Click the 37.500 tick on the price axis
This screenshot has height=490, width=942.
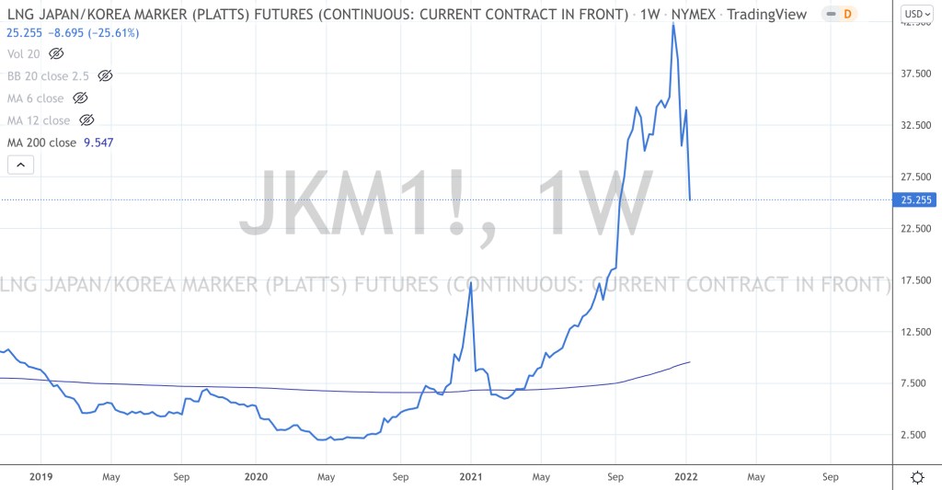(915, 74)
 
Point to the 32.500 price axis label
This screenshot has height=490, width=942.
(915, 126)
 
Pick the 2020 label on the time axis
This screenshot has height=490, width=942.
(257, 477)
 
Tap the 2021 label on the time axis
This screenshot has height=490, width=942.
(471, 477)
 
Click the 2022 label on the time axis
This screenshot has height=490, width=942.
(685, 477)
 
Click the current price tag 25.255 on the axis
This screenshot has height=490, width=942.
(916, 199)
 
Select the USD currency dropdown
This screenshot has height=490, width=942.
(916, 14)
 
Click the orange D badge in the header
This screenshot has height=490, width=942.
(847, 15)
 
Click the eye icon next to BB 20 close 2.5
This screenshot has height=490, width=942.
(105, 76)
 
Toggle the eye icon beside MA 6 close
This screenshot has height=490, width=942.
(80, 98)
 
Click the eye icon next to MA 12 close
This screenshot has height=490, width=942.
(86, 120)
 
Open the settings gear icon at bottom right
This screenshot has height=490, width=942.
(916, 477)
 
